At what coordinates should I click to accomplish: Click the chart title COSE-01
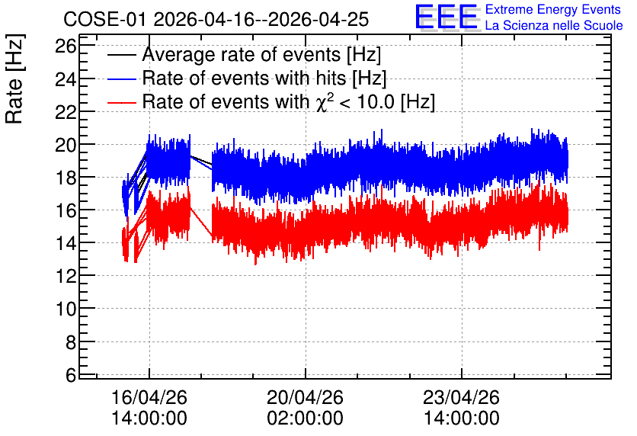(104, 19)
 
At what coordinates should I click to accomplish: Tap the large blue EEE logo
(447, 18)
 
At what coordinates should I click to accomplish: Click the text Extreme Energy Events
(553, 9)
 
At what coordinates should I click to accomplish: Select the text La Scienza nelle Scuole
(554, 26)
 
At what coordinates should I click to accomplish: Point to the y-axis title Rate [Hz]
(14, 79)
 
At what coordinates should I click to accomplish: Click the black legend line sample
(121, 55)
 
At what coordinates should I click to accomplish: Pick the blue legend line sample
(121, 79)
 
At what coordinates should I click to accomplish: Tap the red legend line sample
(121, 102)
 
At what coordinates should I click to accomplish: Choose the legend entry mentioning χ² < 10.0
(289, 101)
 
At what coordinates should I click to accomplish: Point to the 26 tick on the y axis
(66, 46)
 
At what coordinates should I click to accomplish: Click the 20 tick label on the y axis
(66, 145)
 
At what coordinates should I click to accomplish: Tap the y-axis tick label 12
(66, 276)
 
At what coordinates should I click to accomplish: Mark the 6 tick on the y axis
(71, 375)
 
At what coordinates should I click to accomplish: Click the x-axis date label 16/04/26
(149, 397)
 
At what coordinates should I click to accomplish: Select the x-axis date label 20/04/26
(305, 397)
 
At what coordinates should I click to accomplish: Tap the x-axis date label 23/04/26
(462, 397)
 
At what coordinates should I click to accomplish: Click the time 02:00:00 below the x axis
(305, 418)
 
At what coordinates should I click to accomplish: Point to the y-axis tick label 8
(71, 342)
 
